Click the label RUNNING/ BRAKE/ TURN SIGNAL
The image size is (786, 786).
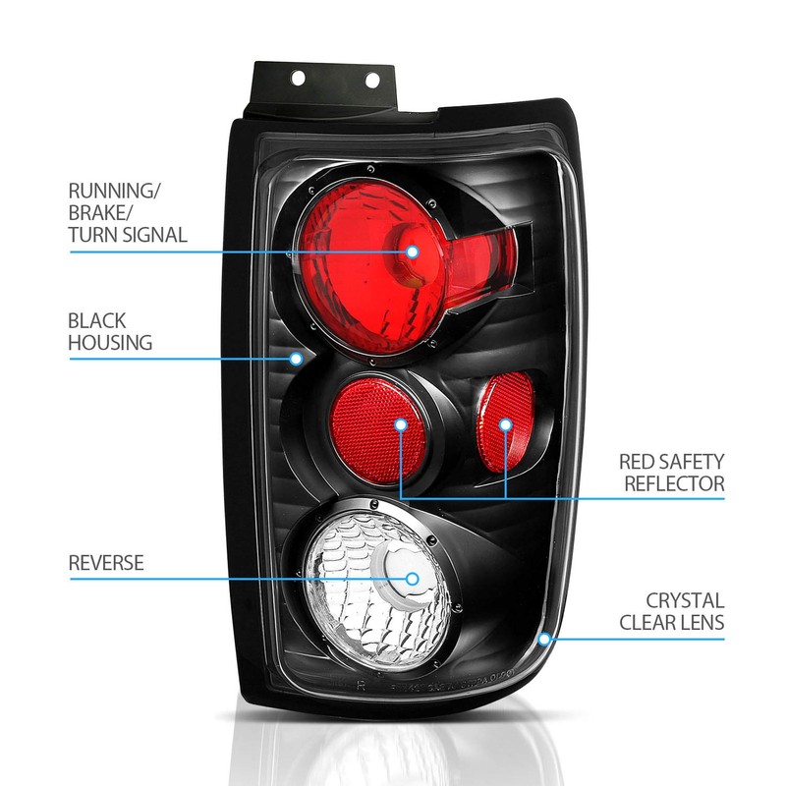pos(128,211)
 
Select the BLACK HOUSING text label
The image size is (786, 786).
pos(110,332)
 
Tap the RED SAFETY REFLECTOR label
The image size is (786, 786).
pos(671,473)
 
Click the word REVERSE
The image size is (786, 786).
pos(106,563)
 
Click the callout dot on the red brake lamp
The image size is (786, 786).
pos(413,252)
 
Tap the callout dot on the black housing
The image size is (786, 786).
pos(296,359)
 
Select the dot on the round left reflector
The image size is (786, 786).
pos(401,424)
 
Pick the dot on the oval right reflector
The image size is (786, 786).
pos(505,424)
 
